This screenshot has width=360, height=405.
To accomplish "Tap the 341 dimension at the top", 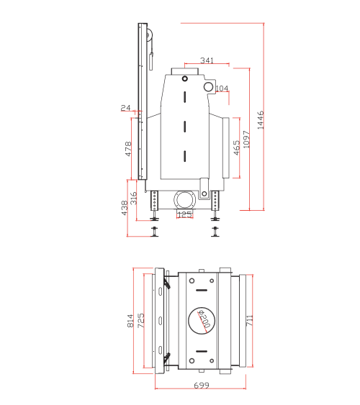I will pyautogui.click(x=207, y=60).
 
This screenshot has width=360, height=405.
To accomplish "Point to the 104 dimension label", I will pyautogui.click(x=222, y=88).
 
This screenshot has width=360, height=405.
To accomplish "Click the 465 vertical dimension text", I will pyautogui.click(x=236, y=147).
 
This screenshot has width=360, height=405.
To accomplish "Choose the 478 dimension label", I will pyautogui.click(x=128, y=149).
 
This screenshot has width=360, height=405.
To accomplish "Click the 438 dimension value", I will pyautogui.click(x=124, y=207).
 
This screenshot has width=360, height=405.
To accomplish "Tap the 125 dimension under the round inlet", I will pyautogui.click(x=184, y=214).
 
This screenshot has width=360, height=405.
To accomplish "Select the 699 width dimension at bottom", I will pyautogui.click(x=202, y=386).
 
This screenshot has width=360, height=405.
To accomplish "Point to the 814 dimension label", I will pyautogui.click(x=130, y=320).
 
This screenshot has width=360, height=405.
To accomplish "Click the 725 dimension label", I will pyautogui.click(x=141, y=320).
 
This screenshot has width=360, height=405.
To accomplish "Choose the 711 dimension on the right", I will pyautogui.click(x=248, y=319).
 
